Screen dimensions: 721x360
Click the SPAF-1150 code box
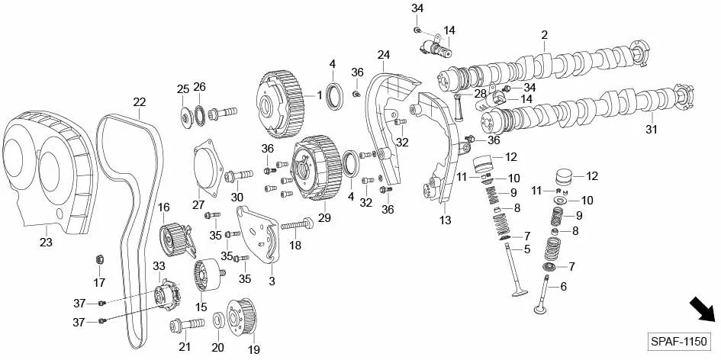click(678, 342)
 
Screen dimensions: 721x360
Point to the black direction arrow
click(703, 310)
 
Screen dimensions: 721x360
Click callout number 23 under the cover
click(46, 242)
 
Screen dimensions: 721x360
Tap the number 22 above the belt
click(140, 102)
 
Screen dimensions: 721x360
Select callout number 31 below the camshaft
click(651, 130)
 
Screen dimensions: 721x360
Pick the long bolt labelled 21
click(187, 325)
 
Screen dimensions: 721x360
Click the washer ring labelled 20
click(219, 320)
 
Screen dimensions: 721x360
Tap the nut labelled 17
click(98, 259)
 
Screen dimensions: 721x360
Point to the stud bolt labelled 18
click(297, 225)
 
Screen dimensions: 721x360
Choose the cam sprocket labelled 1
click(280, 104)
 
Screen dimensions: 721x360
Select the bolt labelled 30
click(238, 175)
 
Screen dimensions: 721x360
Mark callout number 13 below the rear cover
click(445, 220)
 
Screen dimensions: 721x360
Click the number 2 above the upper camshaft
click(545, 34)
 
